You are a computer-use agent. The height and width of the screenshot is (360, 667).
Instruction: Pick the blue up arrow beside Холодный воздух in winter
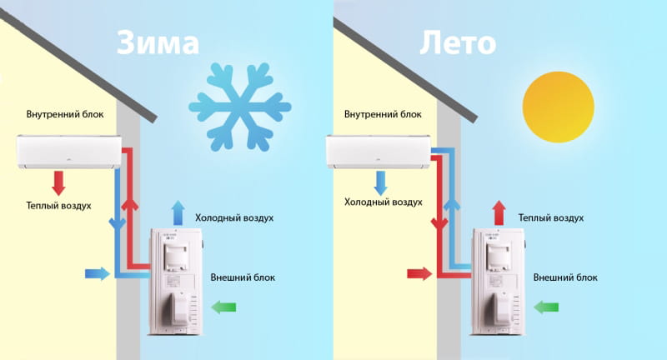[x=177, y=212]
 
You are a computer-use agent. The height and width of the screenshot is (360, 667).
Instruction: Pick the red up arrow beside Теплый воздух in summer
[x=499, y=212]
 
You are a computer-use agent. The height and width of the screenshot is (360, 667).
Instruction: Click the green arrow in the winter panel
[x=223, y=307]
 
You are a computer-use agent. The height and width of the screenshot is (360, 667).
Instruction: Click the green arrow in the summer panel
[x=546, y=307]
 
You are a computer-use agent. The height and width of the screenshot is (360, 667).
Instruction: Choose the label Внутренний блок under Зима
[x=65, y=114]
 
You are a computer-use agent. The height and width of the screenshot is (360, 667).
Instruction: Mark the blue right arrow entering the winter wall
[x=97, y=272]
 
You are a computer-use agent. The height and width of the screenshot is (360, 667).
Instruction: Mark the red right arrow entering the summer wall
[x=419, y=272]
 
